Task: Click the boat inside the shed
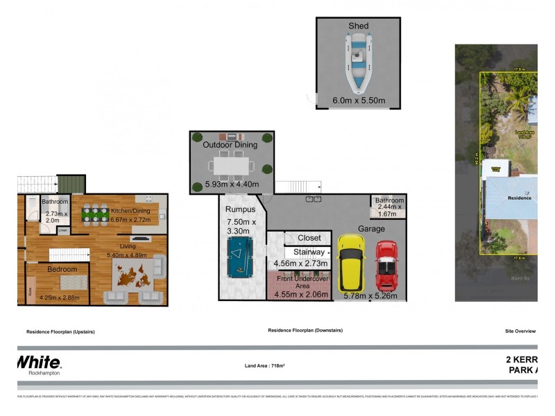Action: click(359, 63)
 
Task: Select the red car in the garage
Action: click(386, 266)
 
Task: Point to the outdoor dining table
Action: click(231, 164)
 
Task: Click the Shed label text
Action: click(359, 26)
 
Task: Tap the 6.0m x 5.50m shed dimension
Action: click(359, 101)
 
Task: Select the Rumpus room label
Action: click(241, 209)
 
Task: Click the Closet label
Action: click(309, 238)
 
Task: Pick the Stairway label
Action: click(309, 252)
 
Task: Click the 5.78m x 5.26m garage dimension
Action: click(370, 296)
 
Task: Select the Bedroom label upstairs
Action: click(62, 268)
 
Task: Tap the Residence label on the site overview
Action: click(519, 198)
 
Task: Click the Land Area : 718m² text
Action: click(265, 365)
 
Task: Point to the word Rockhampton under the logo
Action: click(44, 373)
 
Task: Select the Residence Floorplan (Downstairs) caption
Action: click(305, 331)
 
